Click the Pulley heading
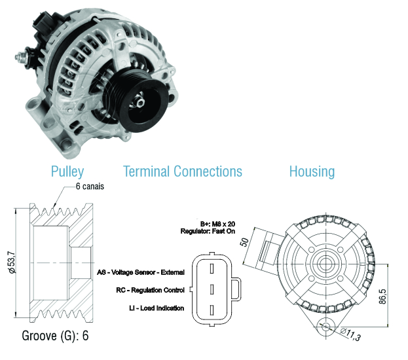click(67, 172)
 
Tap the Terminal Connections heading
click(183, 171)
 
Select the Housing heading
click(312, 172)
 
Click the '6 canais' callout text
click(90, 187)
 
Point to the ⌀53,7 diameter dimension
click(12, 262)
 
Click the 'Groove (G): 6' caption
click(55, 336)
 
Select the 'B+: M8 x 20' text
click(218, 224)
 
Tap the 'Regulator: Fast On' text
click(208, 231)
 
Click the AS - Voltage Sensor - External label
click(141, 272)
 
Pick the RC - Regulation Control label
click(150, 290)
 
